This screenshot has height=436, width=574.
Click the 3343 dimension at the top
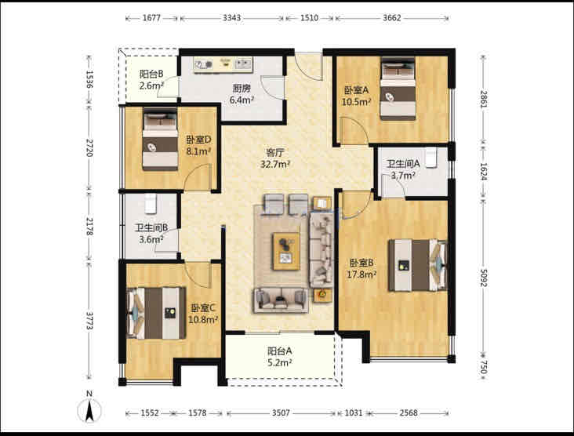tap(232, 18)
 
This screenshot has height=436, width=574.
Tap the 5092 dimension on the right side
tap(484, 278)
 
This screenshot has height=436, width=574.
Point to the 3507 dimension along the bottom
tap(281, 413)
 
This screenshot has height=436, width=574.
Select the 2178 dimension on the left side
tap(89, 227)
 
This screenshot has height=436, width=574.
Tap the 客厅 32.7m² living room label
tap(275, 158)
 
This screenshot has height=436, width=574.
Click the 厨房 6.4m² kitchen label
tap(242, 94)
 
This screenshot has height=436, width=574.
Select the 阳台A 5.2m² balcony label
tap(280, 357)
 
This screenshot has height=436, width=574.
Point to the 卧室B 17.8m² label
tap(361, 268)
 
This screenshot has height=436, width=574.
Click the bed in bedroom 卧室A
tap(398, 89)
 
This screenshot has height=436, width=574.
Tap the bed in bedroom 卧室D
tap(160, 139)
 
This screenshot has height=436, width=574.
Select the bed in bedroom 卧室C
tap(156, 313)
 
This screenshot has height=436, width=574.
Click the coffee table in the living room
tap(286, 251)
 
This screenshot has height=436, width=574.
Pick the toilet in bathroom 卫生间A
tap(431, 158)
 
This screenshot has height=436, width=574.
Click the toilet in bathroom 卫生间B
tap(151, 204)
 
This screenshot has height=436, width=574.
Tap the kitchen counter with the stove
tap(223, 64)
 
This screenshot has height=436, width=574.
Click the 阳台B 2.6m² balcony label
tap(151, 80)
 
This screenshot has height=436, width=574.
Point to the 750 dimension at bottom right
tap(484, 367)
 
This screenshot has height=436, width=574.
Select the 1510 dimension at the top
tap(309, 18)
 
